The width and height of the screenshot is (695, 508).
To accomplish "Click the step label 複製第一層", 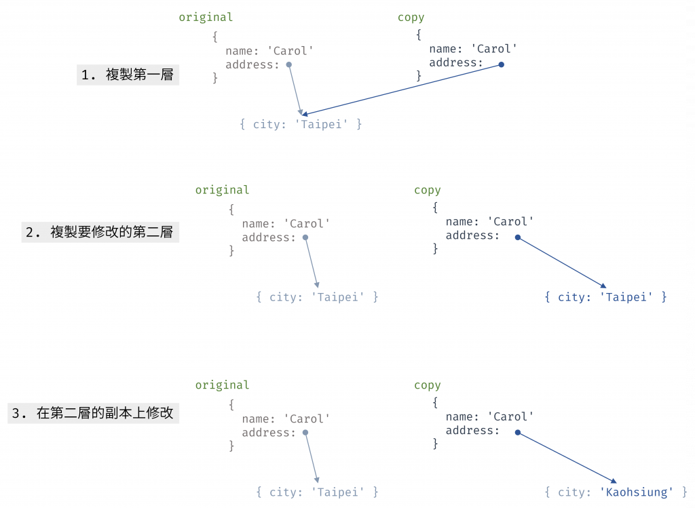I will point(128,75).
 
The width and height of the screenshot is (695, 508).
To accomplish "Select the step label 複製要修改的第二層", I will point(100,232).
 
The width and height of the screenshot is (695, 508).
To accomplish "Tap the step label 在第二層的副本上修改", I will point(93,412).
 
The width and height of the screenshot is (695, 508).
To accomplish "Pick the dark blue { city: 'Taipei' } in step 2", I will point(605,297).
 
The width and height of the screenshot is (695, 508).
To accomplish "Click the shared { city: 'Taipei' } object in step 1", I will point(301,124).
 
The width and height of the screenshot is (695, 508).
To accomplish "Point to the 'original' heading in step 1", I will point(206,18).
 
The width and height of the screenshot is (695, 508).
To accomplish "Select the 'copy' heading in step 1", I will point(411,18).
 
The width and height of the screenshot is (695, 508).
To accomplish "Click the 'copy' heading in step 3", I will point(427,385).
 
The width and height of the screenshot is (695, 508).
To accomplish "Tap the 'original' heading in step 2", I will point(222,191).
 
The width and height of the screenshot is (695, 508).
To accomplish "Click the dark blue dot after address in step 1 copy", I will point(502,64).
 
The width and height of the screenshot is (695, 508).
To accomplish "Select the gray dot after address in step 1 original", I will point(289,64).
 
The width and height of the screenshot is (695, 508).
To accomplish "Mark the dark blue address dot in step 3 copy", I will point(517,433).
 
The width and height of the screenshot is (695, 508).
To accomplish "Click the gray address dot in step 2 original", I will point(305,237).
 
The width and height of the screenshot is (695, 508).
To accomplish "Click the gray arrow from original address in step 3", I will point(312,458).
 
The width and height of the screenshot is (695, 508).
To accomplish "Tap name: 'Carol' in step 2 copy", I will point(489,222).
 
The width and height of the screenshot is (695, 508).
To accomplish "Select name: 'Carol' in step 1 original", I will point(269,51).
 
